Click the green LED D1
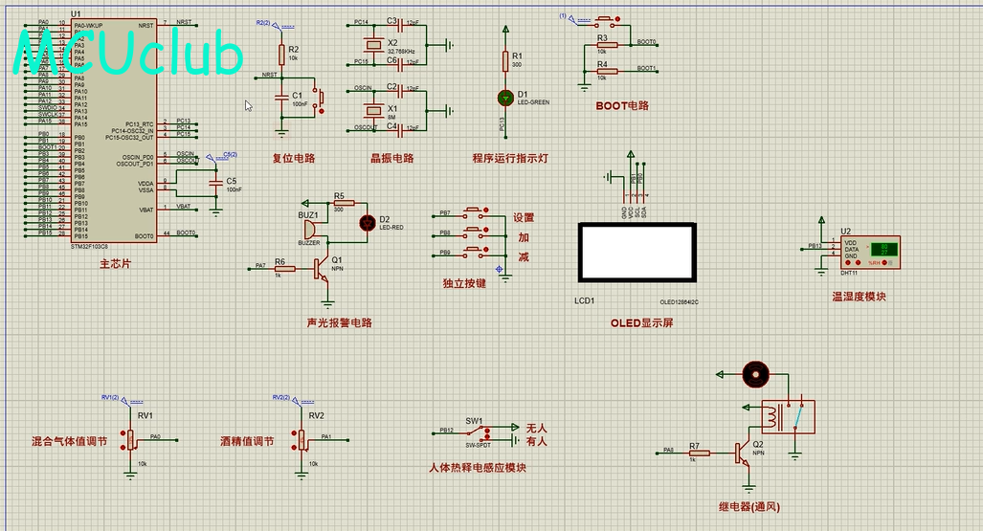tap(504, 98)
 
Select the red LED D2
tap(365, 223)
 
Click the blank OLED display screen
tap(636, 253)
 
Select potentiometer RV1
tap(131, 439)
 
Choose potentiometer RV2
tap(302, 439)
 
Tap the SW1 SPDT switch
tap(478, 431)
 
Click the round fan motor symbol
tap(756, 374)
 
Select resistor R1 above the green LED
tap(504, 61)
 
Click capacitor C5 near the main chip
tap(217, 182)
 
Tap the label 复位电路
tap(293, 158)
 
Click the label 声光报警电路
tap(339, 322)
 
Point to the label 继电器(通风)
tap(748, 506)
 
